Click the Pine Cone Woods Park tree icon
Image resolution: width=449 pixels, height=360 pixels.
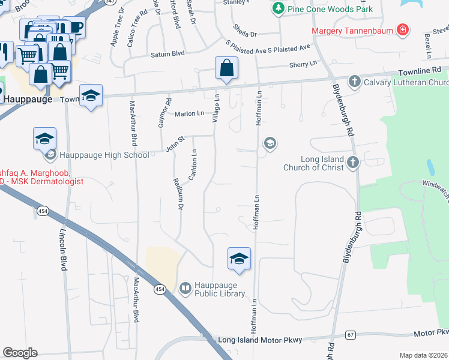click(278, 8)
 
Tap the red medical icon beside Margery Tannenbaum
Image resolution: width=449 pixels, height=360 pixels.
click(402, 30)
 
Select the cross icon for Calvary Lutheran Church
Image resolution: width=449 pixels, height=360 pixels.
click(355, 81)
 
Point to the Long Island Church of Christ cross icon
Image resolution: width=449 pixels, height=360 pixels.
click(353, 161)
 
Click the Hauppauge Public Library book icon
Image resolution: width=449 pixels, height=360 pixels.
click(185, 289)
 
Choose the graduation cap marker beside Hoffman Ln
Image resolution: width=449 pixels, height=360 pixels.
click(239, 259)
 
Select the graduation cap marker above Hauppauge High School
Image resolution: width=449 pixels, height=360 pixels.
click(45, 139)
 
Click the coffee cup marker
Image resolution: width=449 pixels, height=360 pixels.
click(76, 27)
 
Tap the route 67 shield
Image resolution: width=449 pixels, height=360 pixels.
click(351, 334)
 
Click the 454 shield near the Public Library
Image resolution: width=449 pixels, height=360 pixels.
click(159, 289)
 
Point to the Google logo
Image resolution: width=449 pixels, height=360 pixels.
click(20, 353)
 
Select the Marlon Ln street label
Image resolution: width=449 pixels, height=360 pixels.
click(189, 113)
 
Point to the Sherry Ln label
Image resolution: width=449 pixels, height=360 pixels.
click(303, 64)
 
